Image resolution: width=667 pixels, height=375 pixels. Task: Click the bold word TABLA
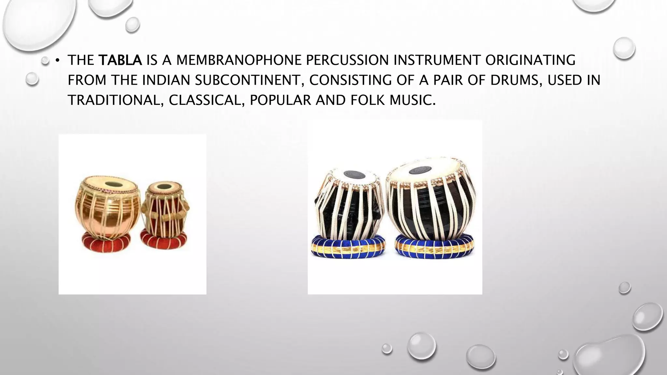(x=120, y=60)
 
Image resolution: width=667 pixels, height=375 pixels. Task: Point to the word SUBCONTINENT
(x=249, y=80)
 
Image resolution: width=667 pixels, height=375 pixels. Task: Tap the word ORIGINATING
(x=530, y=60)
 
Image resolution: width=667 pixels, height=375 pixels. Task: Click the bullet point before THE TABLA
(x=57, y=60)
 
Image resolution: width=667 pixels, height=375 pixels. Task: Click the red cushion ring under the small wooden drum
(x=164, y=241)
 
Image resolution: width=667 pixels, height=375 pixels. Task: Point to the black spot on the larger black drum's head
(x=420, y=170)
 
